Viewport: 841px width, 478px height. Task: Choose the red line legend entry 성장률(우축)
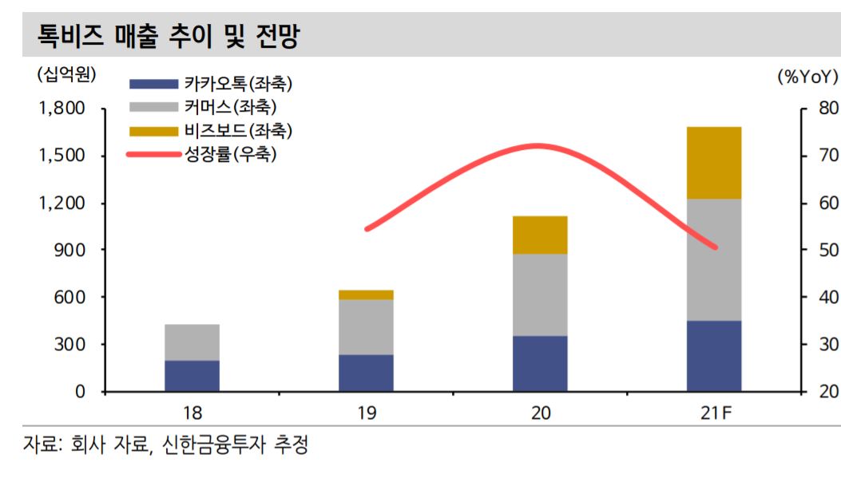(x=231, y=154)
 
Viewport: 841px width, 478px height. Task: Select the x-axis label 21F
(x=713, y=413)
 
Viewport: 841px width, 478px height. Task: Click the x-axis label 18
(x=192, y=413)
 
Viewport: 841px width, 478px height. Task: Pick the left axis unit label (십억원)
(x=65, y=75)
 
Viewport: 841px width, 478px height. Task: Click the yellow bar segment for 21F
(x=714, y=163)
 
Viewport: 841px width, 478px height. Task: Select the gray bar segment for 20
(x=540, y=294)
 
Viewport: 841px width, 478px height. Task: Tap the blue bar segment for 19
(x=366, y=373)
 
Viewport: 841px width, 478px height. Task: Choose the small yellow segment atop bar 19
(x=366, y=294)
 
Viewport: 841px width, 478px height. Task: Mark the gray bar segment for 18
(x=192, y=342)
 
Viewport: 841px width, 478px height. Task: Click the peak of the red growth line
(x=537, y=145)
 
